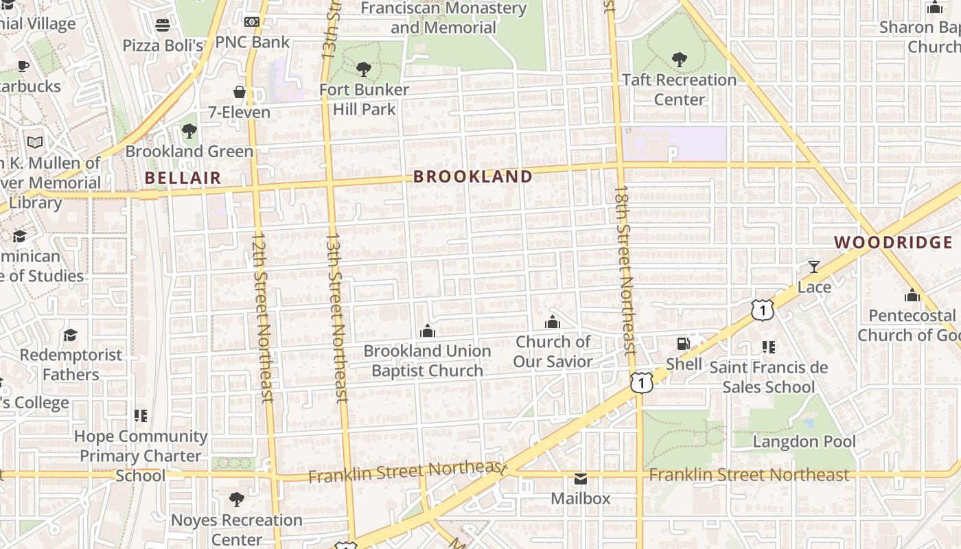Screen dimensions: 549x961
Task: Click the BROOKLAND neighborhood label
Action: [472, 177]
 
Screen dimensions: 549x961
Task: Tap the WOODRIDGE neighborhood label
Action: [893, 242]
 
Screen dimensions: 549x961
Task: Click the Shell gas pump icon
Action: [683, 343]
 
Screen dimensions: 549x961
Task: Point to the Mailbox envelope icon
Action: [581, 478]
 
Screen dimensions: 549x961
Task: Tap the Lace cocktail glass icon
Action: [813, 266]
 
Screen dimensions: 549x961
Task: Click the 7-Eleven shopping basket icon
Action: [240, 92]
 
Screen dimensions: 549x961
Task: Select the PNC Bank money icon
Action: [252, 22]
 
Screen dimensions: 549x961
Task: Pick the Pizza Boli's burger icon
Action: [163, 25]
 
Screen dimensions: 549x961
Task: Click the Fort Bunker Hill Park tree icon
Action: [364, 69]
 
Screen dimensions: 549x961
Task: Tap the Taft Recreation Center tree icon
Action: [679, 59]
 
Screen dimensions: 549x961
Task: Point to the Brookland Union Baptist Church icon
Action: [428, 331]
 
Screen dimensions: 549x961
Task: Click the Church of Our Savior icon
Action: [553, 321]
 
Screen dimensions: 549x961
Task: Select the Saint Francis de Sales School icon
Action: [768, 347]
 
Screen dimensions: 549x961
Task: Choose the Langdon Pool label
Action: [804, 441]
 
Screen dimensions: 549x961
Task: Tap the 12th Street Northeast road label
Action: [262, 316]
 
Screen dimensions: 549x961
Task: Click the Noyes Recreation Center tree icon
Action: [237, 499]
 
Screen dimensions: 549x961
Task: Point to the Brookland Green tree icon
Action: [189, 130]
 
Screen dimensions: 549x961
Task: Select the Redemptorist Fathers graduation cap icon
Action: [70, 335]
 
